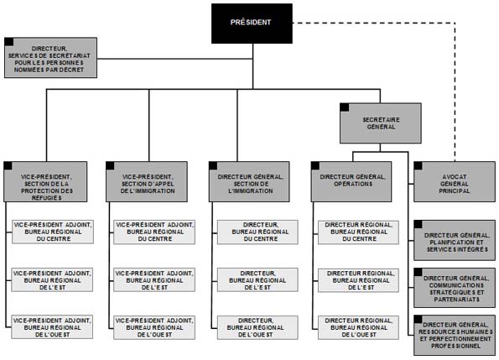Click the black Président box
[252, 23]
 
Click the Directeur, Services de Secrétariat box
[50, 57]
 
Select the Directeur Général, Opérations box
[352, 182]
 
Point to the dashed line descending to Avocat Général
[454, 101]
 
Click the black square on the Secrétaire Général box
[344, 107]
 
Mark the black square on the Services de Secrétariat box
[8, 41]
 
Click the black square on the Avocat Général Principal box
[418, 165]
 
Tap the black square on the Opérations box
[316, 165]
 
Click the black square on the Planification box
[418, 223]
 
